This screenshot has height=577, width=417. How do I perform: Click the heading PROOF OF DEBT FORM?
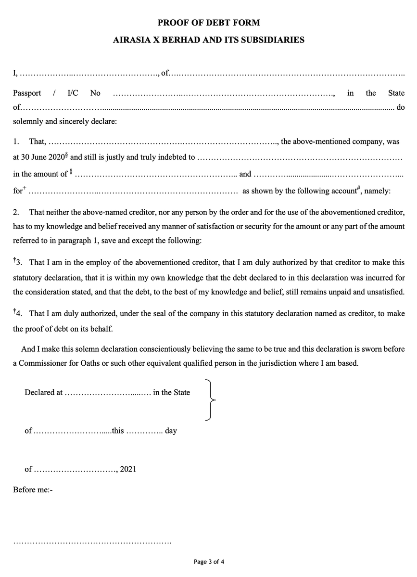point(208,23)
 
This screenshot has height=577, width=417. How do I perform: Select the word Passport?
point(27,93)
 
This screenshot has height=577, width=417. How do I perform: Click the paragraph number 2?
point(15,212)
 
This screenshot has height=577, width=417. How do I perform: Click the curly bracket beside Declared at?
point(210,399)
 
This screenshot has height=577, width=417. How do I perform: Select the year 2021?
point(128,469)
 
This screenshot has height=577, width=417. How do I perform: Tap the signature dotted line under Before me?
point(92,543)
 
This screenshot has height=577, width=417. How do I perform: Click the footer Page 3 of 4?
point(209,562)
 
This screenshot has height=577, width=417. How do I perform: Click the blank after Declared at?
point(107,393)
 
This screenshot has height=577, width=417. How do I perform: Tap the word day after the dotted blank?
point(171,431)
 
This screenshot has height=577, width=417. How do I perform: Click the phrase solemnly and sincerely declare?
point(64,121)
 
